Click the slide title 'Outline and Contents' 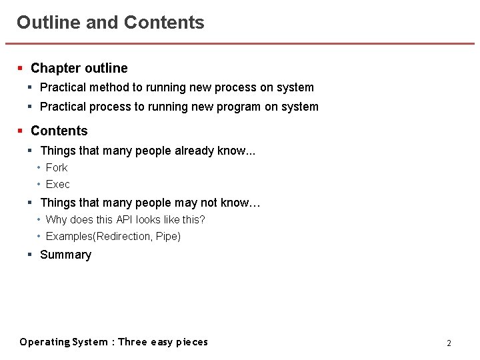[x=111, y=23]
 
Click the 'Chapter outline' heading [x=79, y=68]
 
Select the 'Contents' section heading [x=59, y=131]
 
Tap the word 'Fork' [x=57, y=167]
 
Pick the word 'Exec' [x=58, y=184]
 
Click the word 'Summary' [x=66, y=255]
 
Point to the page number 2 [x=449, y=343]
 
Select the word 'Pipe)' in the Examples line [x=169, y=236]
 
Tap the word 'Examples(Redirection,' [x=99, y=236]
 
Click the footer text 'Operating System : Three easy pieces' [x=114, y=342]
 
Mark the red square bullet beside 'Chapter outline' [x=21, y=68]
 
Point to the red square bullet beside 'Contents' [x=21, y=131]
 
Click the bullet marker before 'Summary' [x=30, y=255]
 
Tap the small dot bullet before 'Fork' [x=39, y=167]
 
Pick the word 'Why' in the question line [x=56, y=219]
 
